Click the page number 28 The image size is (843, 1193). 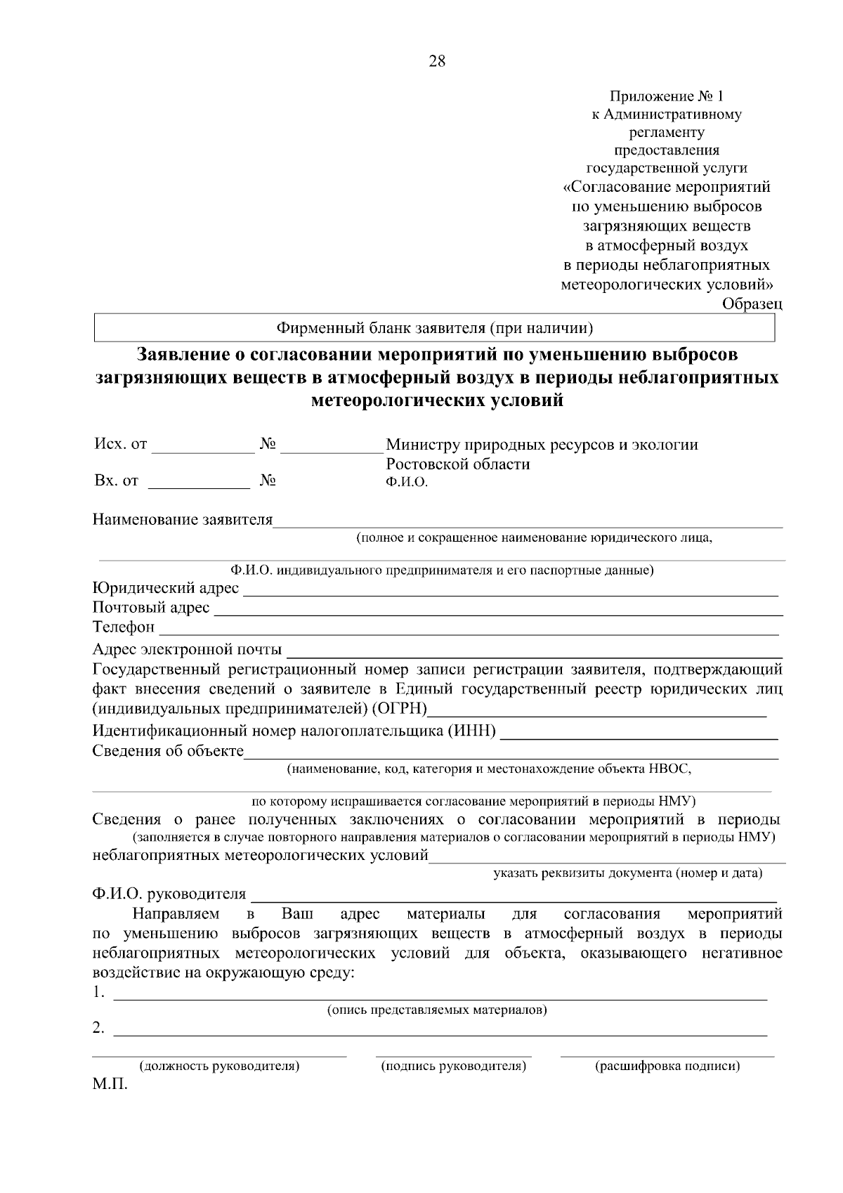pos(436,62)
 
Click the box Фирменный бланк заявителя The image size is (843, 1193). pos(435,327)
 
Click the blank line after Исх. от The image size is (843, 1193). pos(203,450)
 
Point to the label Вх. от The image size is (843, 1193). pos(116,481)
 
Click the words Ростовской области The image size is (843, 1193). pos(458,464)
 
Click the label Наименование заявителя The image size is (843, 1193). pos(183,521)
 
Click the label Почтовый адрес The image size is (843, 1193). pos(151,608)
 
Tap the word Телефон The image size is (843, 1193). pos(124,627)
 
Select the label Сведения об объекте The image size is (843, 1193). pos(168,752)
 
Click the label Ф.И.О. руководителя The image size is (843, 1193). pos(169,894)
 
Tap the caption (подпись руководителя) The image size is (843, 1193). pos(453,1067)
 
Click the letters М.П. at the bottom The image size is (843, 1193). pos(110,1086)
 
